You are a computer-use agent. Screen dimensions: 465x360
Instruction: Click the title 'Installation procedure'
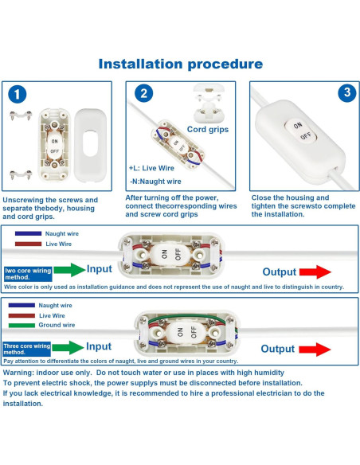point(180,64)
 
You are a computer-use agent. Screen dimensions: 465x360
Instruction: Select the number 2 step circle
point(143,93)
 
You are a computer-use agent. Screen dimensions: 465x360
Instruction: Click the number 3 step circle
point(346,93)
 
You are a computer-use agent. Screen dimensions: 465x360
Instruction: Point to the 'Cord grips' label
point(209,128)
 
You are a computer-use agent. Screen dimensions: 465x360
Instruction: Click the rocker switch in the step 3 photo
point(300,131)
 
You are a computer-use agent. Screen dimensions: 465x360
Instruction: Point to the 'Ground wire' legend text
point(57,325)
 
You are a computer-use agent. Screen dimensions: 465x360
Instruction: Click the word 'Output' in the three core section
point(278,349)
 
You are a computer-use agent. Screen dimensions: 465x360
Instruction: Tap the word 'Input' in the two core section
point(99,270)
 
